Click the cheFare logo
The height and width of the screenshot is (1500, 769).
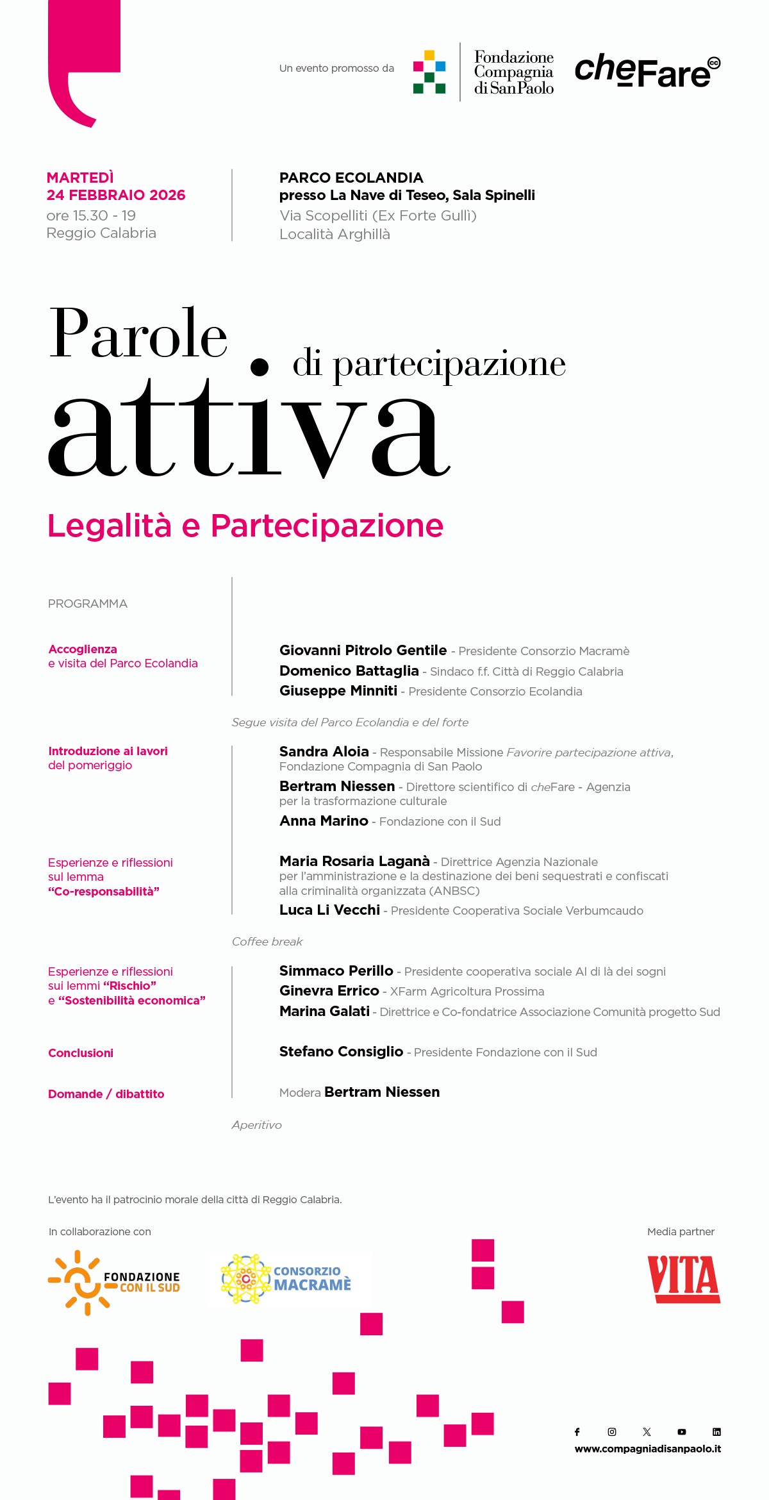click(647, 71)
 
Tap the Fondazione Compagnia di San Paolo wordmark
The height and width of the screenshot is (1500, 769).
click(513, 72)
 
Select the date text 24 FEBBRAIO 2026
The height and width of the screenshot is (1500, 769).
click(116, 196)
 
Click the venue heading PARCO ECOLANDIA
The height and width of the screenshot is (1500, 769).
click(351, 178)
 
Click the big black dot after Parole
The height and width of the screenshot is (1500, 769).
click(259, 367)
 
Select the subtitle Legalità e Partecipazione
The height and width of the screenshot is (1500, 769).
click(245, 526)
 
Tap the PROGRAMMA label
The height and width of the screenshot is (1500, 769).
click(88, 604)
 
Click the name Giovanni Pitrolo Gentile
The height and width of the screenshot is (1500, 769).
click(363, 651)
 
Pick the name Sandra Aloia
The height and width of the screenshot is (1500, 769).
click(324, 752)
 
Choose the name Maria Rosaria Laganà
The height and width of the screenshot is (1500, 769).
click(354, 862)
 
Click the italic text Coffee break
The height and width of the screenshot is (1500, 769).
click(267, 942)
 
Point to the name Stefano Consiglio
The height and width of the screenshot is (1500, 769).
click(341, 1052)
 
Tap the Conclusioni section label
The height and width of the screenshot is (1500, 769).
click(81, 1053)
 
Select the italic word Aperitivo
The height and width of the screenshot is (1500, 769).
click(256, 1125)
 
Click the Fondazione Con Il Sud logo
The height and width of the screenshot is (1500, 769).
click(114, 1282)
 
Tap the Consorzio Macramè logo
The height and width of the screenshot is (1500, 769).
click(286, 1279)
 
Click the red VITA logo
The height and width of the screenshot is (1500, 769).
click(683, 1279)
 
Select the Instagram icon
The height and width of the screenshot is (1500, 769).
click(612, 1431)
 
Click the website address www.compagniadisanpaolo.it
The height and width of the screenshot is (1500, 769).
click(647, 1449)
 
